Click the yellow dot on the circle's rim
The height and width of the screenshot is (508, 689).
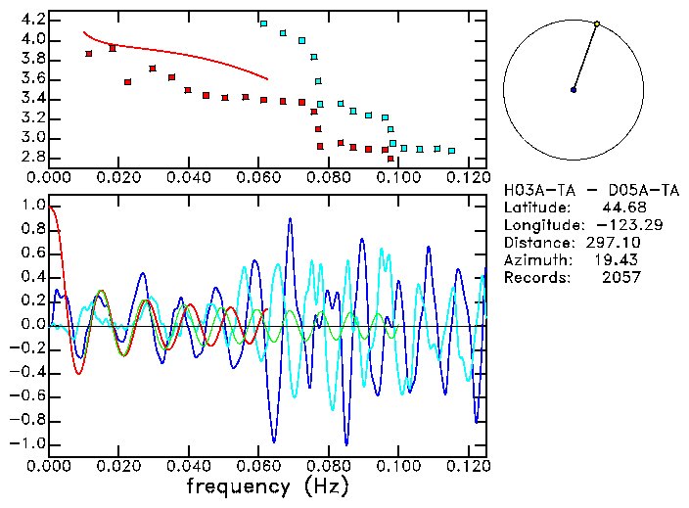[596, 23]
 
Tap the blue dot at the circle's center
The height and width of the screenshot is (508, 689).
[574, 90]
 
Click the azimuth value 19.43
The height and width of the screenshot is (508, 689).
[620, 260]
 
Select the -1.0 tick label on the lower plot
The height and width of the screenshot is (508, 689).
[29, 443]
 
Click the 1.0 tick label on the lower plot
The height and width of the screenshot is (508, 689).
[32, 206]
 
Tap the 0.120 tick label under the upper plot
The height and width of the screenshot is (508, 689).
[466, 177]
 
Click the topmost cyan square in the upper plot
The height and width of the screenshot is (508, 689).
[263, 23]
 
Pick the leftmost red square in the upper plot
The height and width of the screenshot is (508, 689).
[89, 54]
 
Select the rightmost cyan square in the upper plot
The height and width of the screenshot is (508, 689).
[451, 151]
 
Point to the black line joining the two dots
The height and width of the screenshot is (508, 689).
[585, 57]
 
